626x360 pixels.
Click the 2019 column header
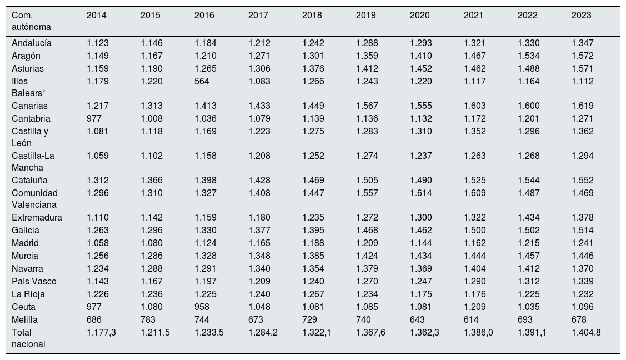pyautogui.click(x=365, y=15)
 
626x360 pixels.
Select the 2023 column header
pyautogui.click(x=581, y=15)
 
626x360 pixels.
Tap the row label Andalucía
pyautogui.click(x=32, y=43)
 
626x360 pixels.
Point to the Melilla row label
pyautogui.click(x=25, y=319)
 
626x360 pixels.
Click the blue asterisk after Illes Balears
pyautogui.click(x=44, y=92)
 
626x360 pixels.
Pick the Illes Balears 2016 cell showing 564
pyautogui.click(x=202, y=82)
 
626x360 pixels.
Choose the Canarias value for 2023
pyautogui.click(x=583, y=106)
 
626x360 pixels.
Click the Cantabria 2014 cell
pyautogui.click(x=94, y=119)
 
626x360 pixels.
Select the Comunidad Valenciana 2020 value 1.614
pyautogui.click(x=421, y=193)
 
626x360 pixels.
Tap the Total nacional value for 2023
pyautogui.click(x=586, y=333)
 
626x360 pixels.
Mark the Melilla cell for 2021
pyautogui.click(x=471, y=319)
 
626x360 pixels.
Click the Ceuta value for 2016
pyautogui.click(x=202, y=307)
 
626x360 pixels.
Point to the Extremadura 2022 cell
pyautogui.click(x=529, y=218)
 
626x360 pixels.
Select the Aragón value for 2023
pyautogui.click(x=583, y=56)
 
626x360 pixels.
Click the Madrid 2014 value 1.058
pyautogui.click(x=97, y=243)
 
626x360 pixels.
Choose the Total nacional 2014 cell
pyautogui.click(x=101, y=333)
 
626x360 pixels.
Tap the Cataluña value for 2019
pyautogui.click(x=367, y=181)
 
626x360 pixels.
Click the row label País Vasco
pyautogui.click(x=34, y=282)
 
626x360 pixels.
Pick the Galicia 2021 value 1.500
pyautogui.click(x=475, y=231)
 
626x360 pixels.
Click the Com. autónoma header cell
pyautogui.click(x=31, y=21)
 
